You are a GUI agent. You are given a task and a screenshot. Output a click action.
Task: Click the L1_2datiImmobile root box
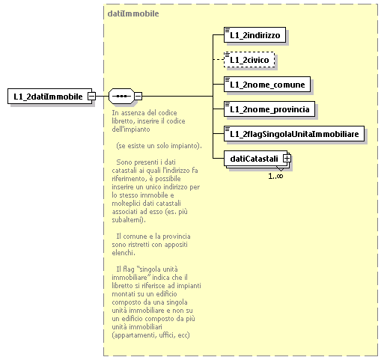[x=47, y=97]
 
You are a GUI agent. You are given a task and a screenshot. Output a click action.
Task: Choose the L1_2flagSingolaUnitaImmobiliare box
[x=294, y=134]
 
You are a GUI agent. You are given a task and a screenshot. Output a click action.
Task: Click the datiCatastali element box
[x=254, y=159]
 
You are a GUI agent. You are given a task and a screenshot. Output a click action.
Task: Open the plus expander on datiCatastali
[x=286, y=159]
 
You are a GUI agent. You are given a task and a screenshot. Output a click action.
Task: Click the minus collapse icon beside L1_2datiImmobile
[x=91, y=97]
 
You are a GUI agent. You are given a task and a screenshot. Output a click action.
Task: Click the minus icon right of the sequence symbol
[x=138, y=97]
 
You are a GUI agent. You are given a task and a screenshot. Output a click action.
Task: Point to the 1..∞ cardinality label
[x=276, y=175]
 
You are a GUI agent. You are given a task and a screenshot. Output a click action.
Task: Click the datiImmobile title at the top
[x=132, y=13]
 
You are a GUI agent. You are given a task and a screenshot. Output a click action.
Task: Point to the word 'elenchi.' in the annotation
[x=121, y=252]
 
